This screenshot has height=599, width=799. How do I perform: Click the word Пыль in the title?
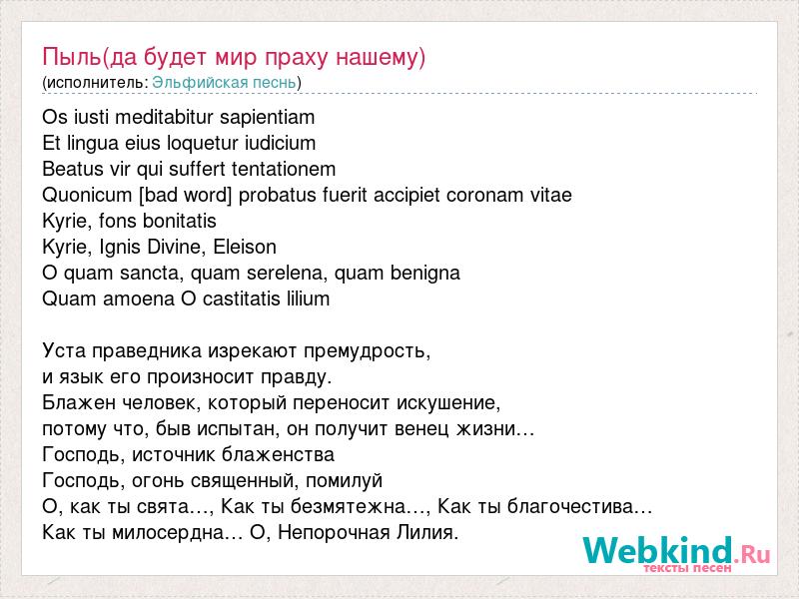(x=71, y=57)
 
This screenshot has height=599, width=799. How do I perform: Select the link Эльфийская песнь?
(x=224, y=83)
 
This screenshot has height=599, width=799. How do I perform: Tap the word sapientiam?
(x=268, y=118)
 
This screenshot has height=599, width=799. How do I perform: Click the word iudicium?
(x=281, y=144)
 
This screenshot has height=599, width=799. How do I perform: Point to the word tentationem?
(x=284, y=169)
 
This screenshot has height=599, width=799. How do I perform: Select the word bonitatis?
(x=180, y=221)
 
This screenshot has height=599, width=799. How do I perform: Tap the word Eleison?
(x=245, y=247)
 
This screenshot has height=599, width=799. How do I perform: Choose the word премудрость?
(x=367, y=352)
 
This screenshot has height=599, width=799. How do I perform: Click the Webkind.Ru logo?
(x=676, y=553)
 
